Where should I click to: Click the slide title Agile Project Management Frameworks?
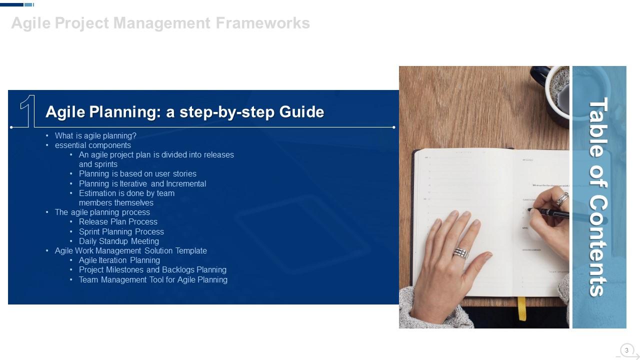(x=160, y=23)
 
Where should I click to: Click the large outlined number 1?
(x=28, y=110)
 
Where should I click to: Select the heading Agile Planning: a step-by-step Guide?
(x=184, y=112)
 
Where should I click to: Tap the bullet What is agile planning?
(x=95, y=135)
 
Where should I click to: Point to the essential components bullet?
(x=93, y=145)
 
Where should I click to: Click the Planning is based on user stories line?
(x=137, y=174)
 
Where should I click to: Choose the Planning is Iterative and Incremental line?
(x=142, y=183)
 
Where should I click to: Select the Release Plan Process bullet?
(x=118, y=221)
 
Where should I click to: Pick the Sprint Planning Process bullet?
(x=121, y=231)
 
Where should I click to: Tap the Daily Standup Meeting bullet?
(x=119, y=241)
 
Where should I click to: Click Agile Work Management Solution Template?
(x=131, y=250)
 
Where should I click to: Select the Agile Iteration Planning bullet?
(x=119, y=260)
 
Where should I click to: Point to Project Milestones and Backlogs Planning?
(x=152, y=270)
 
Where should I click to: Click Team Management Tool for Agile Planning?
(x=153, y=279)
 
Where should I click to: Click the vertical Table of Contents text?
(x=599, y=196)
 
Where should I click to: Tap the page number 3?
(x=626, y=350)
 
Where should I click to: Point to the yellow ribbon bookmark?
(x=521, y=308)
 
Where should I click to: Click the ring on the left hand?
(x=460, y=252)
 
